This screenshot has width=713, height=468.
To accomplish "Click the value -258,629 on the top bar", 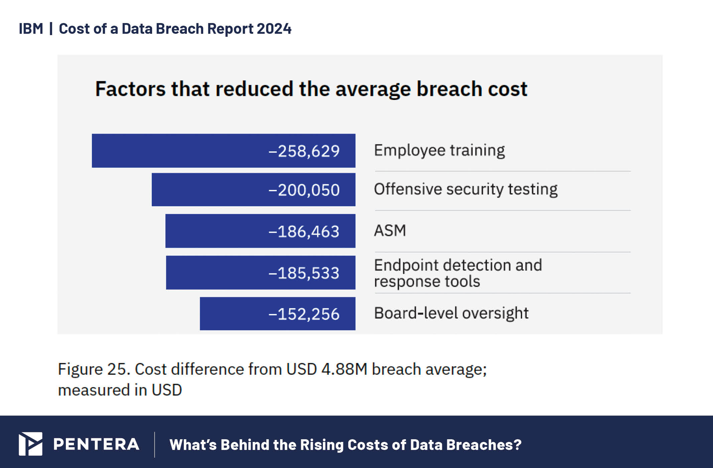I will [x=304, y=151].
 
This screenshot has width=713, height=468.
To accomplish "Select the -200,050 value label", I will [x=304, y=190].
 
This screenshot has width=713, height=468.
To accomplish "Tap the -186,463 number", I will [x=304, y=231].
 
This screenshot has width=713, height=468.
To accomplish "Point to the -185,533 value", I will [x=304, y=273].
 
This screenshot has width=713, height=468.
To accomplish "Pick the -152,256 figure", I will [x=304, y=314].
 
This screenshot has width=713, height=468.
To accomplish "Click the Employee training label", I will [x=439, y=150].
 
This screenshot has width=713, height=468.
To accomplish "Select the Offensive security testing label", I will [x=466, y=189].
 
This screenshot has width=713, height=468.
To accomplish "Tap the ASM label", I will [x=390, y=230].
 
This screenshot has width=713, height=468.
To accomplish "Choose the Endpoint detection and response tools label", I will [x=458, y=273].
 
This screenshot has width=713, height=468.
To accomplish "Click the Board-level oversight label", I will [x=451, y=313].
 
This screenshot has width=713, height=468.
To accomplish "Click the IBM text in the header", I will [x=31, y=29].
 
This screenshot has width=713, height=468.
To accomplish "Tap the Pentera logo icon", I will [x=30, y=444].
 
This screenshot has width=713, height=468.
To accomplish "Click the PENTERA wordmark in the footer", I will [x=96, y=444].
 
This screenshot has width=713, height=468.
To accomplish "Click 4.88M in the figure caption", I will [x=344, y=369].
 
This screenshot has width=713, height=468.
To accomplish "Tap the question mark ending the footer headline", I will [x=517, y=445].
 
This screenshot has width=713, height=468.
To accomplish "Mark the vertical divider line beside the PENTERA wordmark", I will [x=155, y=444].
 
